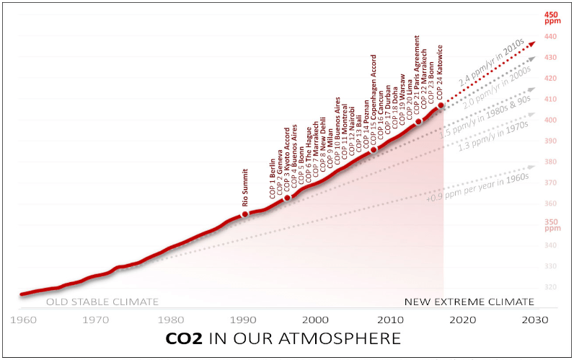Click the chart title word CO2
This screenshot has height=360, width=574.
click(186, 338)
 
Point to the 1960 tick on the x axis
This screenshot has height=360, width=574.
click(22, 319)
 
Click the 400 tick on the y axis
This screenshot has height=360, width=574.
click(551, 120)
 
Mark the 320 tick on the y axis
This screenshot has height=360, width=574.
click(551, 287)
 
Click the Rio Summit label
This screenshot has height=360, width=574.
click(245, 188)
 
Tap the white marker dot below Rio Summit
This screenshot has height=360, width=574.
click(244, 214)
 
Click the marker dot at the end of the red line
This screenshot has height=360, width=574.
click(441, 105)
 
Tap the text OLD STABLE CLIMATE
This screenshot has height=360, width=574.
click(102, 302)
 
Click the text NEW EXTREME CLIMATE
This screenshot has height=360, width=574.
click(469, 302)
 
